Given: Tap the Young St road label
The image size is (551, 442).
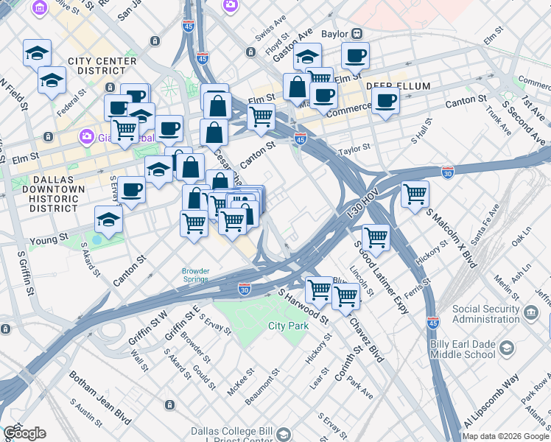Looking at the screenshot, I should click(x=49, y=239).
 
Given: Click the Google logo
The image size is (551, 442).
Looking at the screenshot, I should click(x=24, y=433).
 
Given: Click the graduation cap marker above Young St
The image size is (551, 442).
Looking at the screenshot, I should click(x=108, y=220).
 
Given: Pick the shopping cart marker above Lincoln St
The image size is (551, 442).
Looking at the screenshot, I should click(x=376, y=237).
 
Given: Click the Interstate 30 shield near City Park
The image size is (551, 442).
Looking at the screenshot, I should click(x=246, y=290).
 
